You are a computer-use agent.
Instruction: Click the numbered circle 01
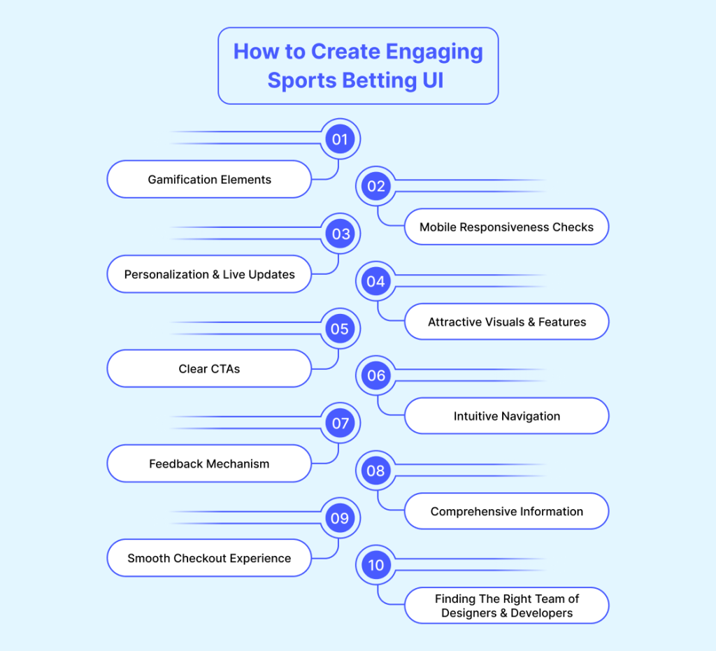coord(341,138)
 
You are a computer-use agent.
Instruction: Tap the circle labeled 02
coord(375,186)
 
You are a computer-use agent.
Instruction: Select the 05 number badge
coord(341,329)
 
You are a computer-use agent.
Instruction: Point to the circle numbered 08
coord(375,471)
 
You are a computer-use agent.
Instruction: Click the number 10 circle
coord(375,565)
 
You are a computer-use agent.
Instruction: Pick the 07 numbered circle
coord(341,423)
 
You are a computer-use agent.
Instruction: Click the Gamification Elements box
coord(209,180)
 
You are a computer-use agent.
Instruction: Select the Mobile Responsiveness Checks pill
coord(506,227)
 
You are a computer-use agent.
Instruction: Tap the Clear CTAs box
coord(209,369)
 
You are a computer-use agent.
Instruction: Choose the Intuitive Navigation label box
coord(506,416)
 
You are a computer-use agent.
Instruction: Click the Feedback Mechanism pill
coord(209,464)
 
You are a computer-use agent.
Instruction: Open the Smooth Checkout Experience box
coord(209,558)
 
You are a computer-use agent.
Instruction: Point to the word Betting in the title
coord(380,81)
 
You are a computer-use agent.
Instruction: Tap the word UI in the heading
coord(432,80)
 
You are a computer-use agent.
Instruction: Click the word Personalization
coord(166,274)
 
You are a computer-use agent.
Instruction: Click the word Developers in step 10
coord(542,613)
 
